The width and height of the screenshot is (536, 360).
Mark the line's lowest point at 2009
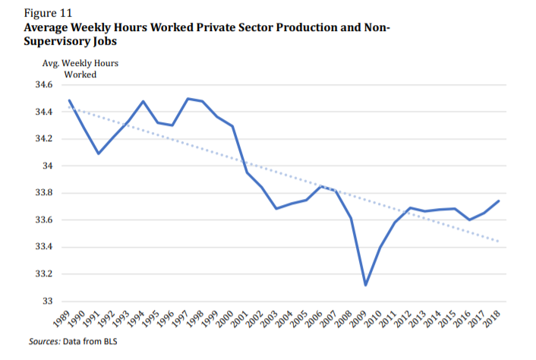pyautogui.click(x=365, y=285)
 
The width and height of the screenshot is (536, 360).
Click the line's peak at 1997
pyautogui.click(x=188, y=99)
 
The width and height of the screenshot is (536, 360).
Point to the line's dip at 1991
pyautogui.click(x=99, y=153)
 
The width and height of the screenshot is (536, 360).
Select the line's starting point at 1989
pyautogui.click(x=69, y=100)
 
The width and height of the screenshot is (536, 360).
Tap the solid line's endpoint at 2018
pyautogui.click(x=499, y=201)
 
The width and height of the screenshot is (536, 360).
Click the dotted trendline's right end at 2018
pyautogui.click(x=499, y=242)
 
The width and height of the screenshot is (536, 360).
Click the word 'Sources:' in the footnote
pyautogui.click(x=44, y=342)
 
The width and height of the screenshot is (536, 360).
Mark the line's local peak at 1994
pyautogui.click(x=143, y=101)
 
